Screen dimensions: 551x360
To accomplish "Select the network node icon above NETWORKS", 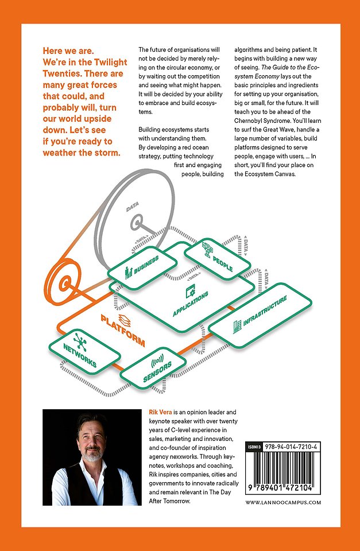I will pos(80,341).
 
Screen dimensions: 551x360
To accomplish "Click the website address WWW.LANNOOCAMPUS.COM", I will pos(283,502).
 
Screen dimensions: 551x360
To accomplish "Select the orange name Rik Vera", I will pos(153,412).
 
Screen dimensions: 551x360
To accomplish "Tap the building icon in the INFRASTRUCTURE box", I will pos(236,327).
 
